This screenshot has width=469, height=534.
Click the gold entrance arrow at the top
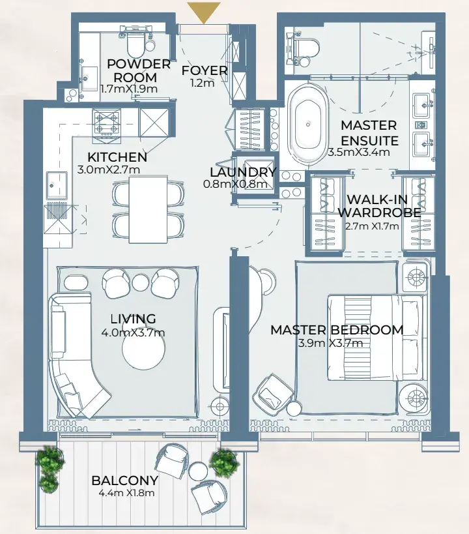pos(203,12)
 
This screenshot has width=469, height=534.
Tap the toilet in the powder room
pos(135,43)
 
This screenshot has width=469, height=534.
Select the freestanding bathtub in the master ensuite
pos(307,125)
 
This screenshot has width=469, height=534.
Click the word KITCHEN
pos(117,157)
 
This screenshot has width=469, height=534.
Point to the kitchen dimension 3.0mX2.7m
pos(109,170)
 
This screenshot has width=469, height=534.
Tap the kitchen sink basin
pos(57,185)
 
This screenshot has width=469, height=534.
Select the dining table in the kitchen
pos(148,209)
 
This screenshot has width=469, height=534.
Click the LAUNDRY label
pos(243,172)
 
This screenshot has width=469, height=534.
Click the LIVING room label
pos(133,319)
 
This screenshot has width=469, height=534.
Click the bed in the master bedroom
pos(375,338)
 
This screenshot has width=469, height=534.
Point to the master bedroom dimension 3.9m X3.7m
pos(330,343)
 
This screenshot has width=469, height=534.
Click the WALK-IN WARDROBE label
pos(379,205)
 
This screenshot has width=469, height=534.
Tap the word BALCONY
pos(125,481)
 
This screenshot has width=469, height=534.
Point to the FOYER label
pos(204,70)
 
